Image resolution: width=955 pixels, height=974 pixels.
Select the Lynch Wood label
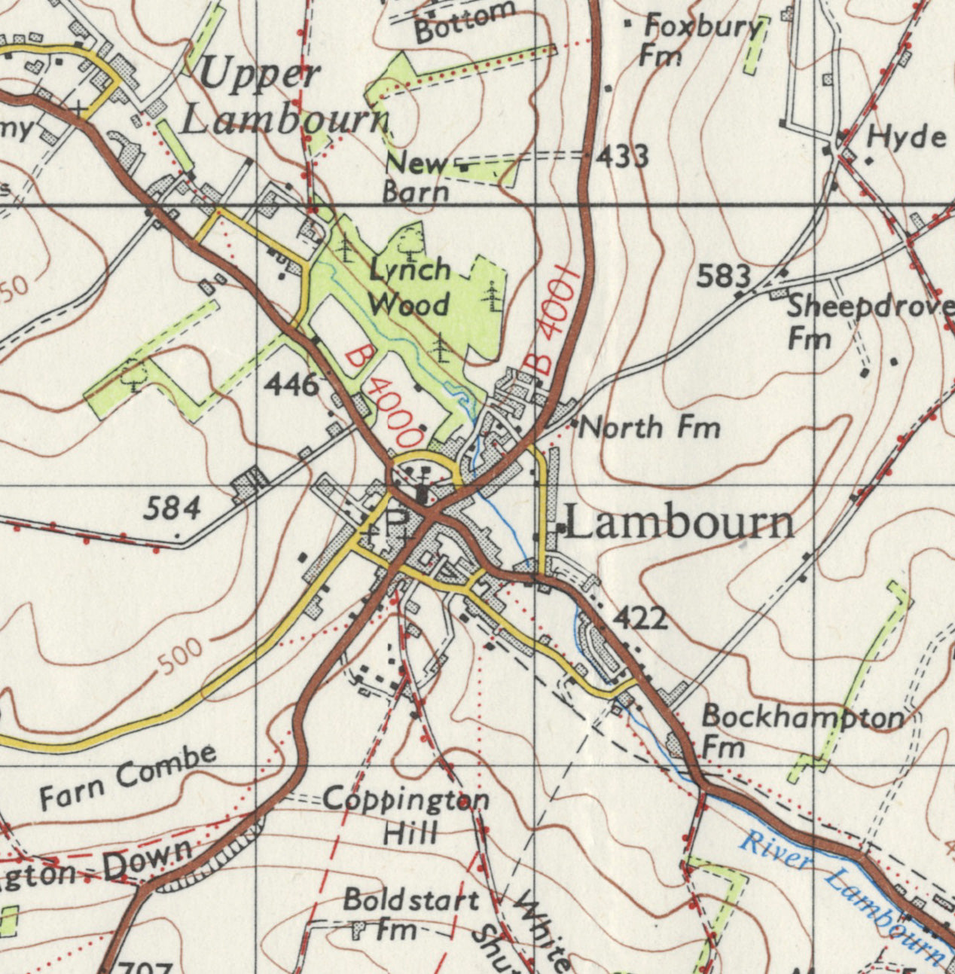coord(410,288)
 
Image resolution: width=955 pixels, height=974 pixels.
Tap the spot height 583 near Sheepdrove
coord(723,276)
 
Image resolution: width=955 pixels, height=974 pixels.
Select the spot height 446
coord(291,386)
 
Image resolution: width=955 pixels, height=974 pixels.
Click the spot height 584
coord(172,508)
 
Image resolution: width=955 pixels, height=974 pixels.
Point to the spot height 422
coord(640,618)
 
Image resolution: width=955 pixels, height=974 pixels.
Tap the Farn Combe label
coord(129,776)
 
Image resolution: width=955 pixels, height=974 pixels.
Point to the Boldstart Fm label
coord(410,912)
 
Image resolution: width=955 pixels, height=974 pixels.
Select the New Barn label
coord(416,176)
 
